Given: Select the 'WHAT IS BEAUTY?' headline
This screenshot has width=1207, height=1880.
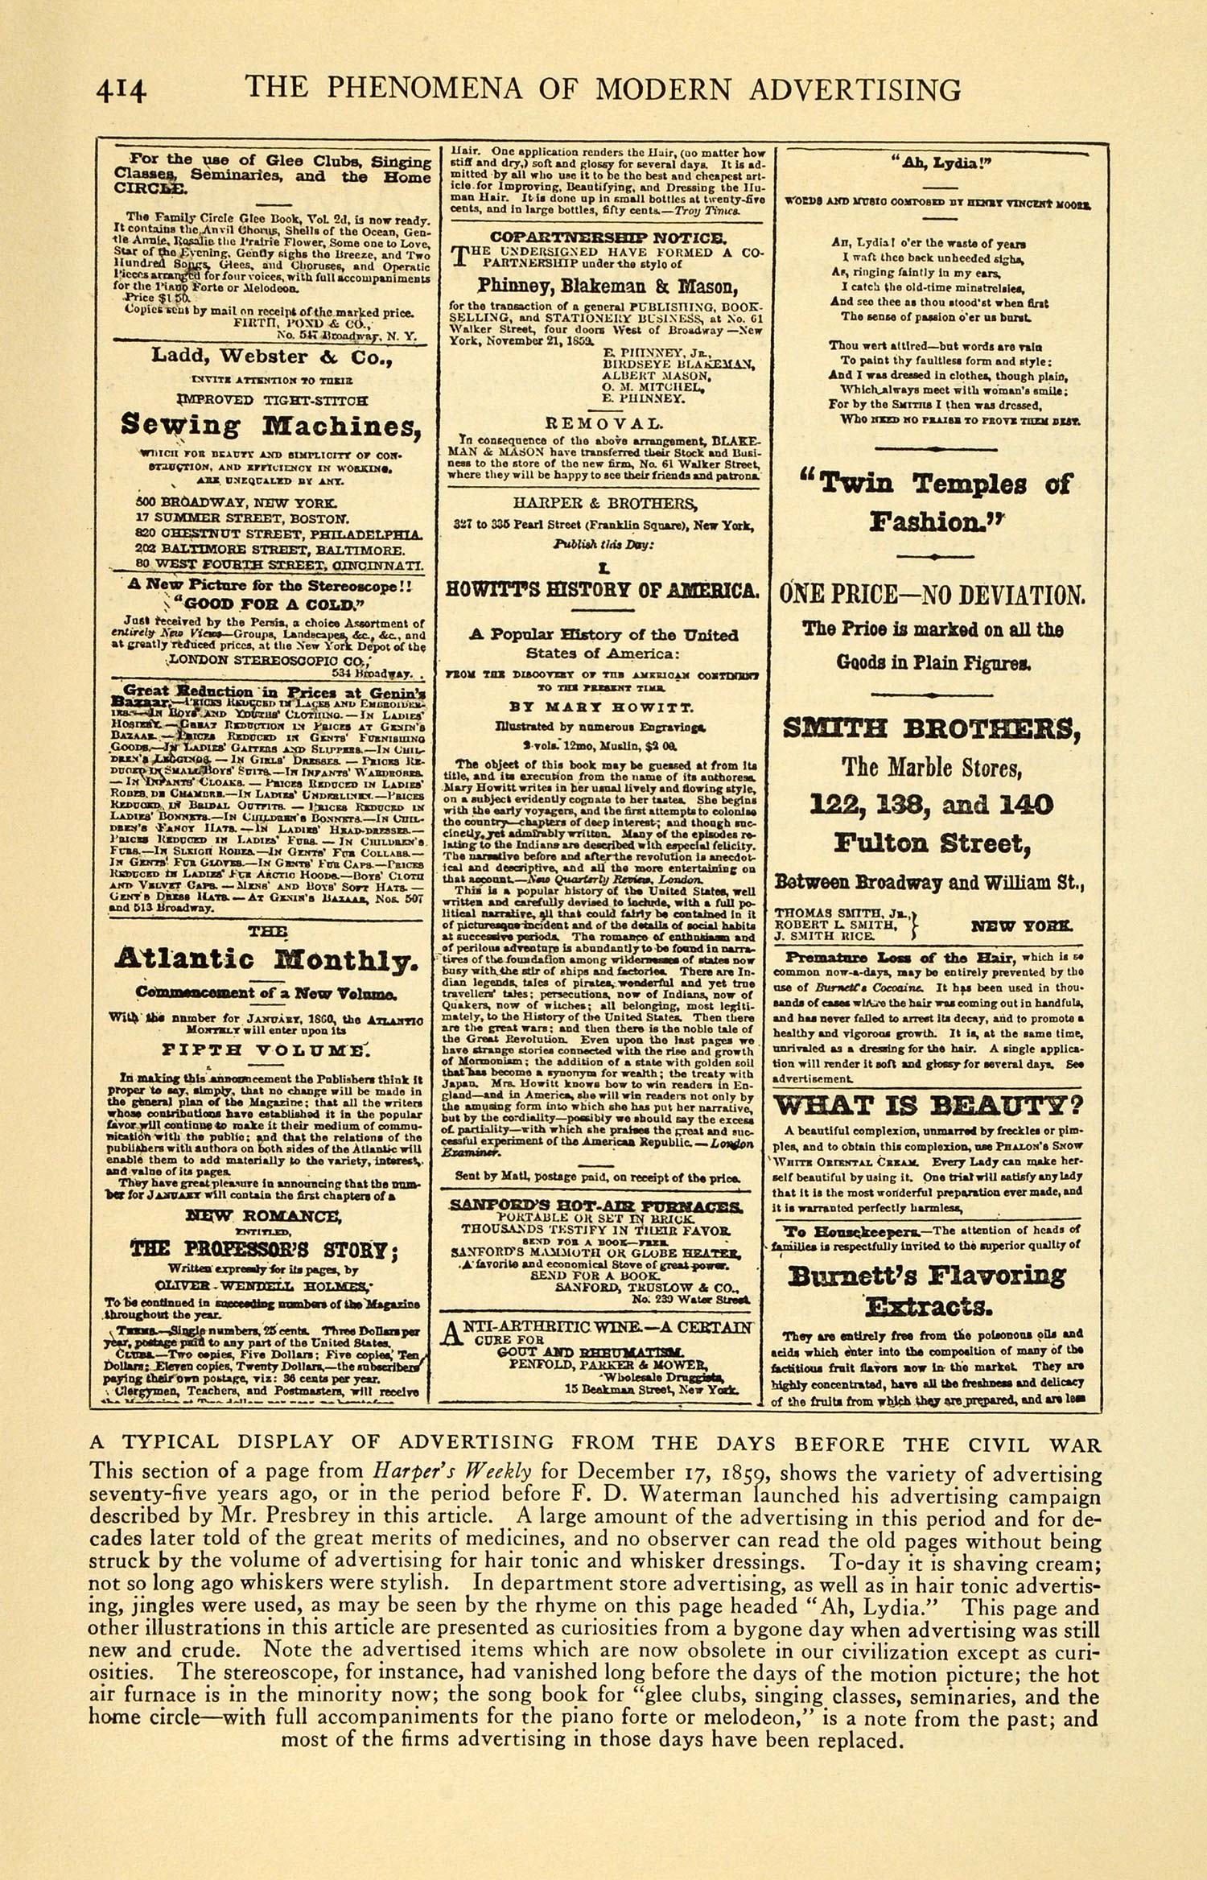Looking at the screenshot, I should point(929,1104).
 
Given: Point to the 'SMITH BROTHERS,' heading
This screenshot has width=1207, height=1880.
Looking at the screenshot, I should point(931,729).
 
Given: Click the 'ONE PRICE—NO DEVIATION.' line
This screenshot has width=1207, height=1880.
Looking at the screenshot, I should point(932,596).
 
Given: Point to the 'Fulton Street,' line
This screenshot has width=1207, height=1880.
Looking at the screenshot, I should point(931,843).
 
